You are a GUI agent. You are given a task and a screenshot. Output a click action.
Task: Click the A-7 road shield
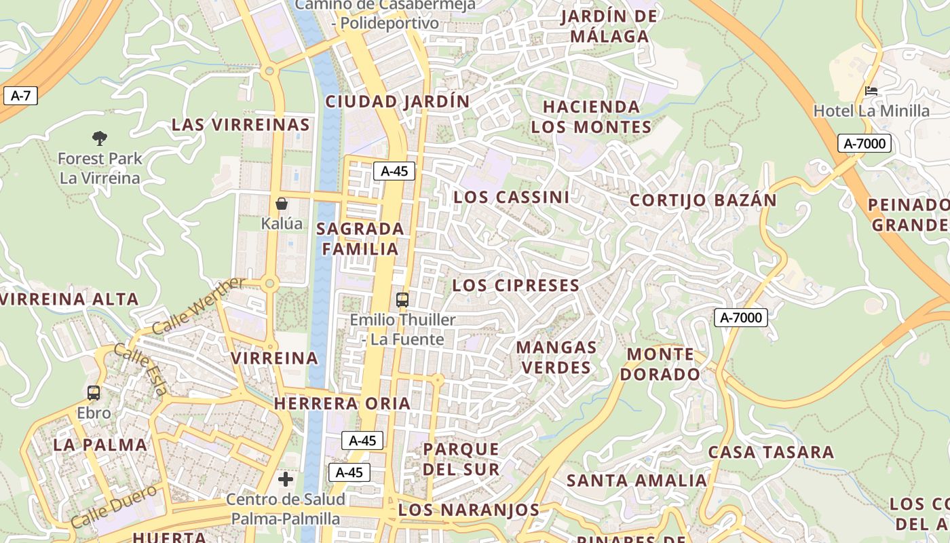(20, 96)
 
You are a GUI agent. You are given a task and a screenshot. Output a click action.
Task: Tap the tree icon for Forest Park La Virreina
(100, 138)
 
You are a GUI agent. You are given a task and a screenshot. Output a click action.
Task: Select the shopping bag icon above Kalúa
(282, 204)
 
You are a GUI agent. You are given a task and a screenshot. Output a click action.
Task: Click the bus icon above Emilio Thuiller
(402, 299)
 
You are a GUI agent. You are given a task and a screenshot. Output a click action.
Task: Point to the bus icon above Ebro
(94, 393)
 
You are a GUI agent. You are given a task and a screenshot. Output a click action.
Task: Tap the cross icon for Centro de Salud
(286, 479)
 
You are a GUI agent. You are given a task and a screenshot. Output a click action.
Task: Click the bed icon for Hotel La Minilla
(871, 90)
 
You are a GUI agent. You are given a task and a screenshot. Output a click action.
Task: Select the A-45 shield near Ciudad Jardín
(394, 171)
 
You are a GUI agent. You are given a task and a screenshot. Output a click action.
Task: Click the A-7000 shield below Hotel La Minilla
(864, 143)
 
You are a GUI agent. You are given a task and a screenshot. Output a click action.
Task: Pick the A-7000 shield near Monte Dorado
(740, 317)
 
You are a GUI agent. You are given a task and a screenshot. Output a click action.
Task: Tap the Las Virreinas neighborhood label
(241, 125)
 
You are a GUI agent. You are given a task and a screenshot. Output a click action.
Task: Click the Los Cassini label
(512, 198)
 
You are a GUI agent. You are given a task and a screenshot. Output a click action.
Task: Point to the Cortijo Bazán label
(703, 201)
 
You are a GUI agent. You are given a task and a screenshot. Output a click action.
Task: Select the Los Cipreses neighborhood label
(516, 286)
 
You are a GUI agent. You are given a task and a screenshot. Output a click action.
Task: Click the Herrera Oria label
(342, 404)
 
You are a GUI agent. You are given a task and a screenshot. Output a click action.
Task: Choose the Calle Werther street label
(197, 306)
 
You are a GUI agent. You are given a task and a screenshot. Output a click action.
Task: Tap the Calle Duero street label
(113, 506)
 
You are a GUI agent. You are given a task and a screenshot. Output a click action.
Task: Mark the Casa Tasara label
(771, 453)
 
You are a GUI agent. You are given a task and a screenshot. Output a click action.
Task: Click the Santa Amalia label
(636, 481)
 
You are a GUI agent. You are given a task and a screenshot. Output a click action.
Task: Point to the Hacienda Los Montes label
(591, 117)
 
